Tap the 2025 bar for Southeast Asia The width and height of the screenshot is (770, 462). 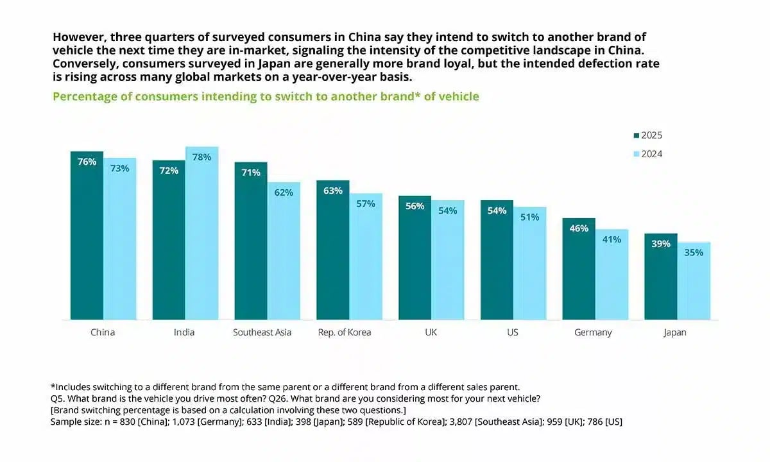tap(250, 241)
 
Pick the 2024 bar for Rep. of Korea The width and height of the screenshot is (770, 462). tap(366, 257)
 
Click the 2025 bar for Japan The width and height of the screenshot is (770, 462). tap(661, 277)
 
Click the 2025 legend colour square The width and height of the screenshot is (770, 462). tap(637, 135)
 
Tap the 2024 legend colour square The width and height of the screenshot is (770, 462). tap(637, 154)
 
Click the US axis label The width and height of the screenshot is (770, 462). tap(512, 332)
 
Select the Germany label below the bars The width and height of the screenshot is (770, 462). tap(594, 332)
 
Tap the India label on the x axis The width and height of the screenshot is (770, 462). tap(184, 332)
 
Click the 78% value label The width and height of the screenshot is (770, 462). tap(201, 157)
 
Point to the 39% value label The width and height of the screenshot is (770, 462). tap(661, 244)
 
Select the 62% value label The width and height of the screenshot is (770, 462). tap(284, 193)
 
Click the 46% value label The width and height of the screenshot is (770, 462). tap(579, 228)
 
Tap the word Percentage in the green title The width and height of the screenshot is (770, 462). tap(81, 97)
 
